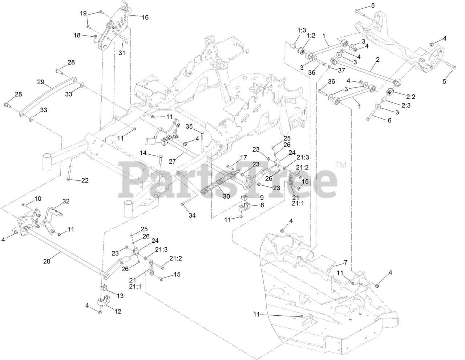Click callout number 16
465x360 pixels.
click(x=135, y=17)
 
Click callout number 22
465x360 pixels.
click(x=85, y=181)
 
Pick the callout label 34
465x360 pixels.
click(x=192, y=215)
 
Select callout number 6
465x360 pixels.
click(x=389, y=120)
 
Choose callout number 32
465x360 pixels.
click(x=66, y=201)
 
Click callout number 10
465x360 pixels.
click(x=38, y=198)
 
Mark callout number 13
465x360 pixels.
click(x=120, y=296)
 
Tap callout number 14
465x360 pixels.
click(x=143, y=153)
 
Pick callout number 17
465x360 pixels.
click(x=243, y=158)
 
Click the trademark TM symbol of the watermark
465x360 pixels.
click(x=341, y=166)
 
